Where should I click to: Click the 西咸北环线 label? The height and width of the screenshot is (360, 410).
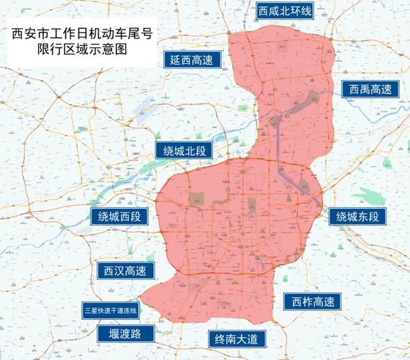point(285,11)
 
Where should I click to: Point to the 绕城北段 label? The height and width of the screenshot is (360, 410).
point(185,150)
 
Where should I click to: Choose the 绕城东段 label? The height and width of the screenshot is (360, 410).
point(357,216)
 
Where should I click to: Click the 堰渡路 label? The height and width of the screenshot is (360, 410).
point(125,333)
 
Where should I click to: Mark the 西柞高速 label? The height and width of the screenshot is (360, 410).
point(312,302)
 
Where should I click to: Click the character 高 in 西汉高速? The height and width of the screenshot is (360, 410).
point(131,271)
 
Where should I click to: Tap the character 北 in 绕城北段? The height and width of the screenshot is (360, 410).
point(192,150)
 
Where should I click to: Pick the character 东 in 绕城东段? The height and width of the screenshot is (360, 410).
point(365,216)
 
